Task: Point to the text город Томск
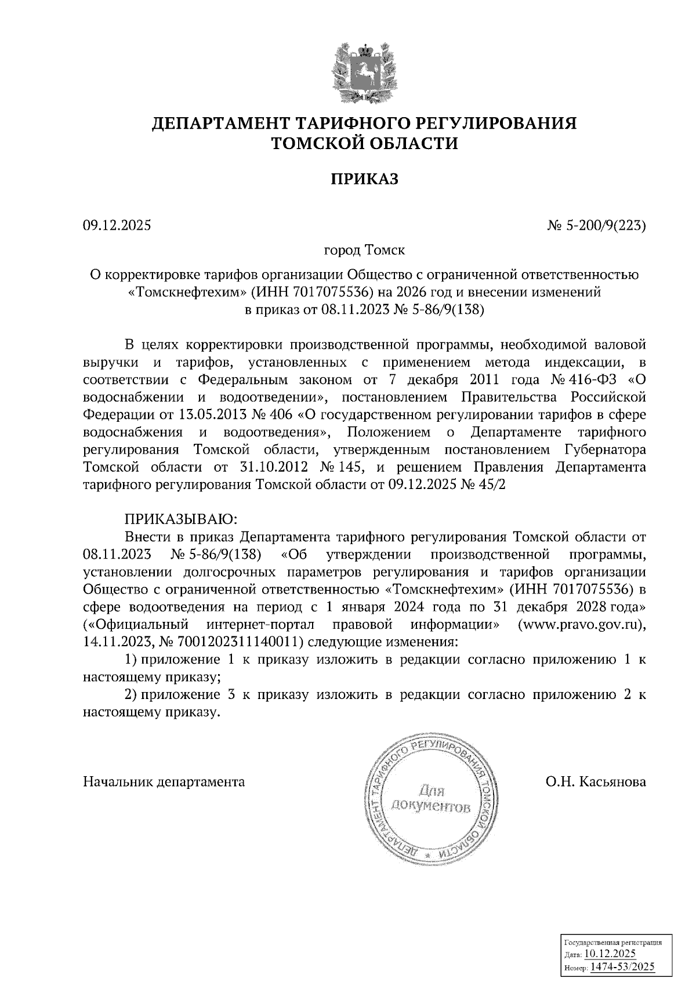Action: coord(364,251)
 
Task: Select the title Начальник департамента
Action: coord(164,781)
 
